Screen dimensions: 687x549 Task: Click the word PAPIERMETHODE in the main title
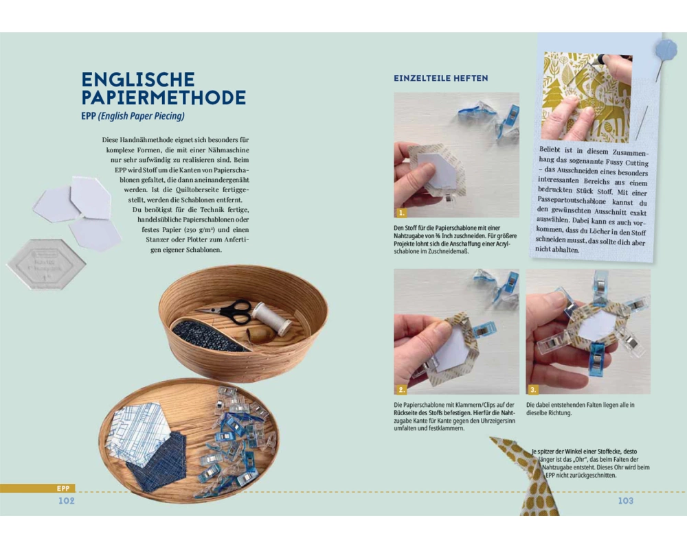point(164,97)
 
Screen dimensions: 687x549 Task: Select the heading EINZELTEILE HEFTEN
point(441,78)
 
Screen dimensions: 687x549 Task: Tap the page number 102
point(67,501)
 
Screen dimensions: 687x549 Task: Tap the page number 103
point(626,501)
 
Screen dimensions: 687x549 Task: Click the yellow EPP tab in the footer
point(63,489)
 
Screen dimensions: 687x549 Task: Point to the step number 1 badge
point(401,213)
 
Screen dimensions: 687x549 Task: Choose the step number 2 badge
point(401,389)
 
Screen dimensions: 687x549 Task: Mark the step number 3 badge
point(533,389)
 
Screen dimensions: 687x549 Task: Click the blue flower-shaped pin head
point(666,48)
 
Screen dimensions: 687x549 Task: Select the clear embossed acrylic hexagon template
point(46,264)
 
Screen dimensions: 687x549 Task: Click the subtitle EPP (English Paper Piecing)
point(133,116)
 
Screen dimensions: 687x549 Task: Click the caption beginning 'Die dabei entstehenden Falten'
point(580,409)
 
